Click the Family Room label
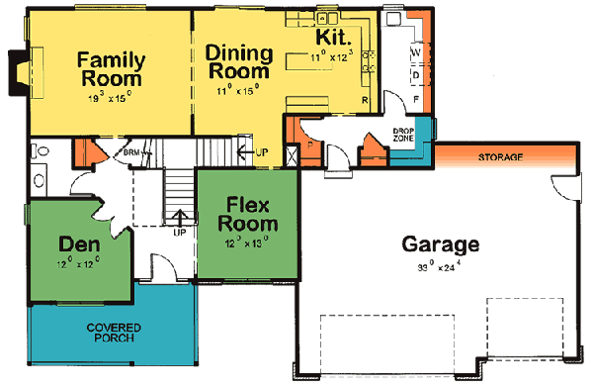[x=109, y=68]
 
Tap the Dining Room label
[x=238, y=61]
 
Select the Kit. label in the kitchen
[x=332, y=38]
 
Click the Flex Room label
[x=243, y=214]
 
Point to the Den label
[x=78, y=243]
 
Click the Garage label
[x=441, y=244]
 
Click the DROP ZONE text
[x=403, y=135]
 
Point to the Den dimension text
[x=78, y=263]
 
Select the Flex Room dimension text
[x=243, y=242]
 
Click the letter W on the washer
[x=416, y=50]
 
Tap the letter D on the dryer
[x=416, y=74]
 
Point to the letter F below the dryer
[x=416, y=98]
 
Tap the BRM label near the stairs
[x=131, y=153]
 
